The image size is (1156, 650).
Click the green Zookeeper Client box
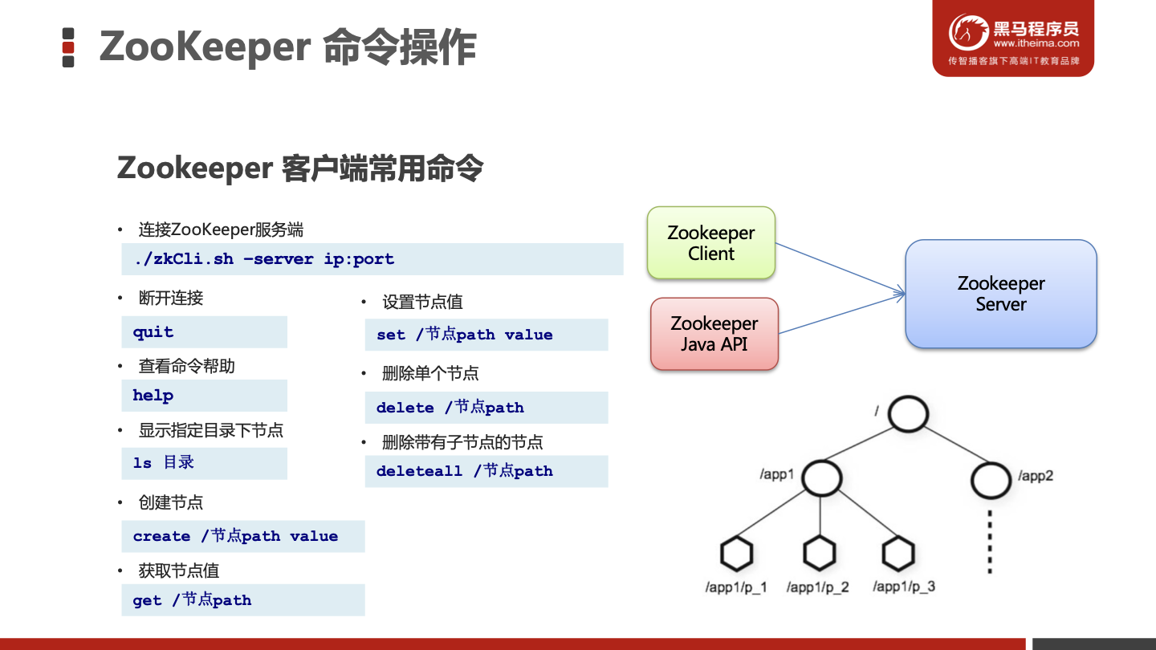pyautogui.click(x=711, y=243)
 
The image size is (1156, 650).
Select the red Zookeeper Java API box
pyautogui.click(x=714, y=334)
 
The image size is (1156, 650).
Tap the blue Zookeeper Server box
pyautogui.click(x=1000, y=294)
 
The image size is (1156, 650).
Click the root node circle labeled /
pyautogui.click(x=908, y=414)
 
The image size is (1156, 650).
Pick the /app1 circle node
pyautogui.click(x=820, y=477)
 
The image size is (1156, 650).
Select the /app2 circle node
pyautogui.click(x=991, y=479)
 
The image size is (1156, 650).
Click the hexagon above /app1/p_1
pyautogui.click(x=735, y=554)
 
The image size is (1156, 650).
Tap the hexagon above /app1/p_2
pyautogui.click(x=819, y=554)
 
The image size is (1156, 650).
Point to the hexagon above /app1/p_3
pyautogui.click(x=898, y=554)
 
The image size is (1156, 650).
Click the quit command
pyautogui.click(x=153, y=332)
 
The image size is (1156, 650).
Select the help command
pyautogui.click(x=153, y=396)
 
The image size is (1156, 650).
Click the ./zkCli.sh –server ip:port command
pyautogui.click(x=264, y=259)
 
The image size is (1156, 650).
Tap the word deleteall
pyautogui.click(x=419, y=472)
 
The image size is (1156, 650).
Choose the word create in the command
pyautogui.click(x=161, y=537)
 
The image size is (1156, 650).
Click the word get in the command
pyautogui.click(x=147, y=601)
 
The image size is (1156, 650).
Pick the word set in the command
pyautogui.click(x=391, y=335)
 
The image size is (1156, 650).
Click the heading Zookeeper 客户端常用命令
pyautogui.click(x=300, y=169)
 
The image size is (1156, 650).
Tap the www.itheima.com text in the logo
pyautogui.click(x=1036, y=43)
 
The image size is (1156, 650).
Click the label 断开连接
pyautogui.click(x=171, y=299)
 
